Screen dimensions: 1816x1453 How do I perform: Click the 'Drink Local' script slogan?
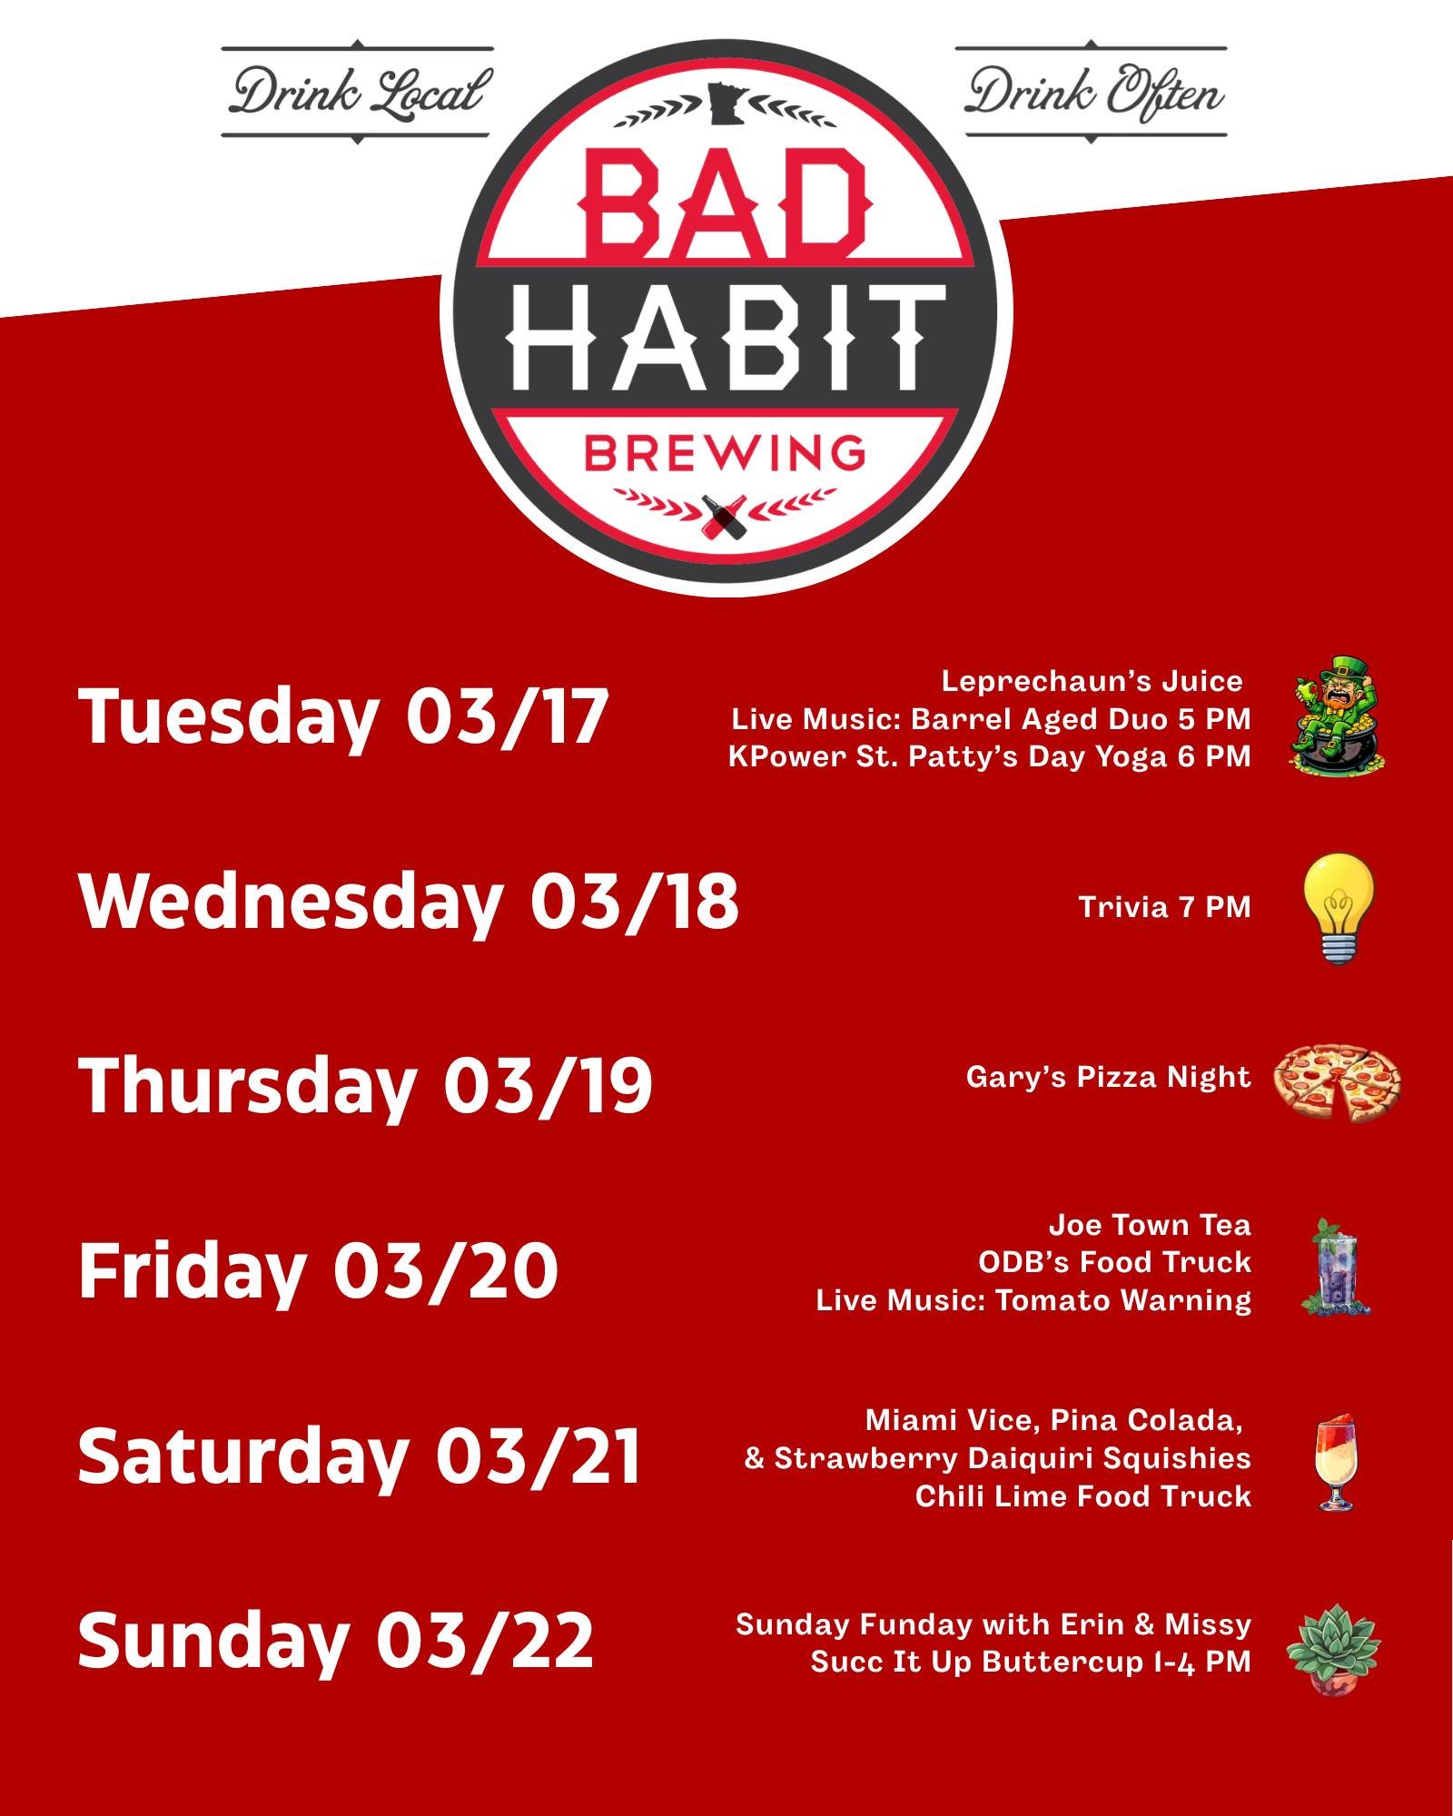(357, 93)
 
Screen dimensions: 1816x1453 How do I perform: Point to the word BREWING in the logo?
(725, 453)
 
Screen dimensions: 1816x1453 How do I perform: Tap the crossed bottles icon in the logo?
(725, 514)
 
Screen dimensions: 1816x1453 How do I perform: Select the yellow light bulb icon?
(1339, 908)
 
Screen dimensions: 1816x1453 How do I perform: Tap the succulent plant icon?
(1333, 1647)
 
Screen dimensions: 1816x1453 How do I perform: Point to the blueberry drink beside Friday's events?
(1336, 1266)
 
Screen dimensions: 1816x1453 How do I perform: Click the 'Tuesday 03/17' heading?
(342, 717)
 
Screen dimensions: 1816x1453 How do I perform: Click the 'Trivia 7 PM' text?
(1164, 907)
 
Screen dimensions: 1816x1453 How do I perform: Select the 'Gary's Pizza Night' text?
(1108, 1077)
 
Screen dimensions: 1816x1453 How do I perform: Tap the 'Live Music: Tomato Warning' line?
(1033, 1300)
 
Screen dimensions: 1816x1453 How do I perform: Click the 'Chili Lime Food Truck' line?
(1082, 1495)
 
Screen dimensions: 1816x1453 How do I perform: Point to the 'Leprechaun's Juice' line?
(1092, 681)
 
